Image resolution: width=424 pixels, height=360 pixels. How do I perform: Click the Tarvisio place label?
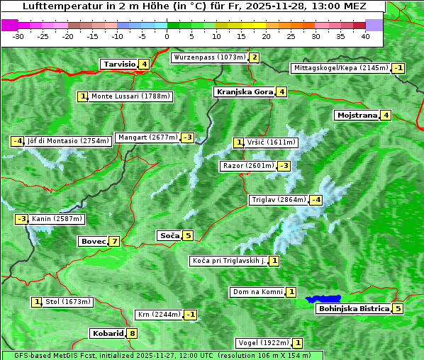pos(118,64)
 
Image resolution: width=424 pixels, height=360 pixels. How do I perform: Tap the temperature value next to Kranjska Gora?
pos(281,91)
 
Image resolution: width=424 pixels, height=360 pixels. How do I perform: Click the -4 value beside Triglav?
pos(316,200)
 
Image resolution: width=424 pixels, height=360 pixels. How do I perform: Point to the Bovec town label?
pos(93,241)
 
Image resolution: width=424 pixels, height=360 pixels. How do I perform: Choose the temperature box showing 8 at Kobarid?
pos(132,334)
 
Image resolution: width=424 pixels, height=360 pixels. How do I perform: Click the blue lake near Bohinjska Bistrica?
pos(323,300)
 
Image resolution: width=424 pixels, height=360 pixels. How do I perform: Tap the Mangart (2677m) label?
pos(147,137)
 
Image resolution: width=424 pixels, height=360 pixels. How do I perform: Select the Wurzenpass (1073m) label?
pos(209,57)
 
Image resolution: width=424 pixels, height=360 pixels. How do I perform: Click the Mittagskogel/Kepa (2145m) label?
pos(341,68)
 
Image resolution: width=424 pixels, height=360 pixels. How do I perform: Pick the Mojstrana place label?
pos(357,115)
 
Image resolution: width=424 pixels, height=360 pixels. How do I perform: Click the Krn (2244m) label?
pos(158,314)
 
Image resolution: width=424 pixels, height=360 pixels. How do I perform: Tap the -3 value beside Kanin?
pos(22,219)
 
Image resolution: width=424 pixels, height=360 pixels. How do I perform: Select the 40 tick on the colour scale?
pos(365,35)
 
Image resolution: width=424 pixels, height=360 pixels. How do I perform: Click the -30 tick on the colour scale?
pos(19,35)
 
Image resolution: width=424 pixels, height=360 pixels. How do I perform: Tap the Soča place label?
pos(169,235)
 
